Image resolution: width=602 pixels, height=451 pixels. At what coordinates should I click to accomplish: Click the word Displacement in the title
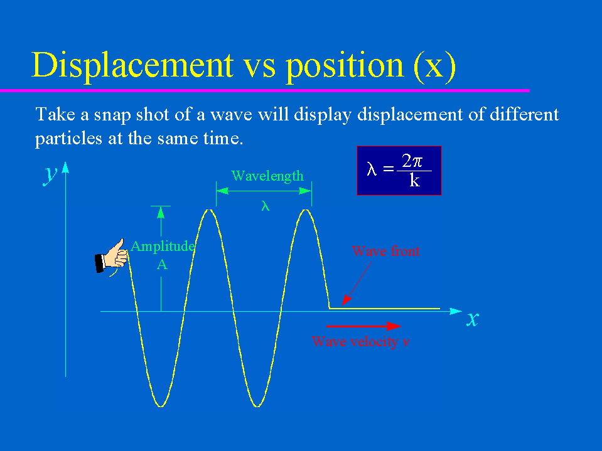[x=132, y=66]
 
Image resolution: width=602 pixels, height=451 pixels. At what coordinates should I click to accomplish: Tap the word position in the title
[x=345, y=66]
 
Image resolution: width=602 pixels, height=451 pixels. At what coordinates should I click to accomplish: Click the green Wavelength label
[x=267, y=176]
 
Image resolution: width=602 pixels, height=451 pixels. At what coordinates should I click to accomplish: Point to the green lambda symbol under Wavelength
[x=266, y=206]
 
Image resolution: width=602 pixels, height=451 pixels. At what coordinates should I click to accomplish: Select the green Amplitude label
[x=163, y=247]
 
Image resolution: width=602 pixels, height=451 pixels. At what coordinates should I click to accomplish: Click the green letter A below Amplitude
[x=162, y=265]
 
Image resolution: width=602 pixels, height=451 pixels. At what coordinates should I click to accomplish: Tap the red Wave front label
[x=386, y=251]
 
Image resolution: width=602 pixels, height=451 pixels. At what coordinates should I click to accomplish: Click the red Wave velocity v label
[x=360, y=341]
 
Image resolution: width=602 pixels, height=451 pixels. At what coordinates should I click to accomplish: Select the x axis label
[x=473, y=319]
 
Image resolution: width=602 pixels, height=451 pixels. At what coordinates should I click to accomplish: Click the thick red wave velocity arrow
[x=363, y=326]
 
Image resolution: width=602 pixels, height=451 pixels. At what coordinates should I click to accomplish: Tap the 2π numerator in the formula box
[x=412, y=161]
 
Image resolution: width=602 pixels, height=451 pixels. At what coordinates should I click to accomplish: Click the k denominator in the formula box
[x=415, y=180]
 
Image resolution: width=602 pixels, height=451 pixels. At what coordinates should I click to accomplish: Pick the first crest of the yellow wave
[x=208, y=210]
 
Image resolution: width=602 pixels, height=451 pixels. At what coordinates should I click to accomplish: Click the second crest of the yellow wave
[x=306, y=210]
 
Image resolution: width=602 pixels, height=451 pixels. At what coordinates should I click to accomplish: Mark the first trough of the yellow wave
[x=161, y=406]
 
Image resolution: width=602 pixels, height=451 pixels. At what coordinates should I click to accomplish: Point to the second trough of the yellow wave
[x=257, y=406]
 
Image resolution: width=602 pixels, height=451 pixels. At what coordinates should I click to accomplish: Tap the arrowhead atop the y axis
[x=66, y=167]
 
